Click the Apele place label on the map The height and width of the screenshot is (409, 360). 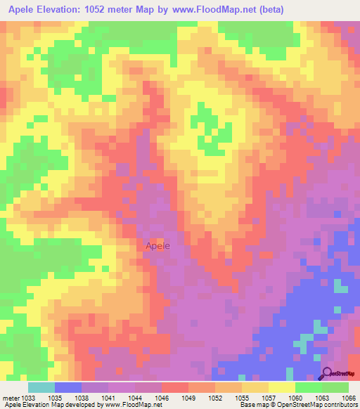click(157, 246)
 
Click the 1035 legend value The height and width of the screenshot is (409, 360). click(56, 396)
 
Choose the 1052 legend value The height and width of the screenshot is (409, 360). click(216, 396)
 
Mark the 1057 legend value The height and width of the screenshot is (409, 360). click(269, 396)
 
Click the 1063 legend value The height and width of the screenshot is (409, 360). click(323, 396)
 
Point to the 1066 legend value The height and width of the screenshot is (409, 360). click(349, 396)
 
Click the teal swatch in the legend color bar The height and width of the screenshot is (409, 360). click(41, 387)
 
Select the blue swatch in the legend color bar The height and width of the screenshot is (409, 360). click(68, 387)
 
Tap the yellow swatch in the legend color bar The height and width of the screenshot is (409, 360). click(282, 387)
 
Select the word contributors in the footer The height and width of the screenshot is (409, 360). click(341, 405)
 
